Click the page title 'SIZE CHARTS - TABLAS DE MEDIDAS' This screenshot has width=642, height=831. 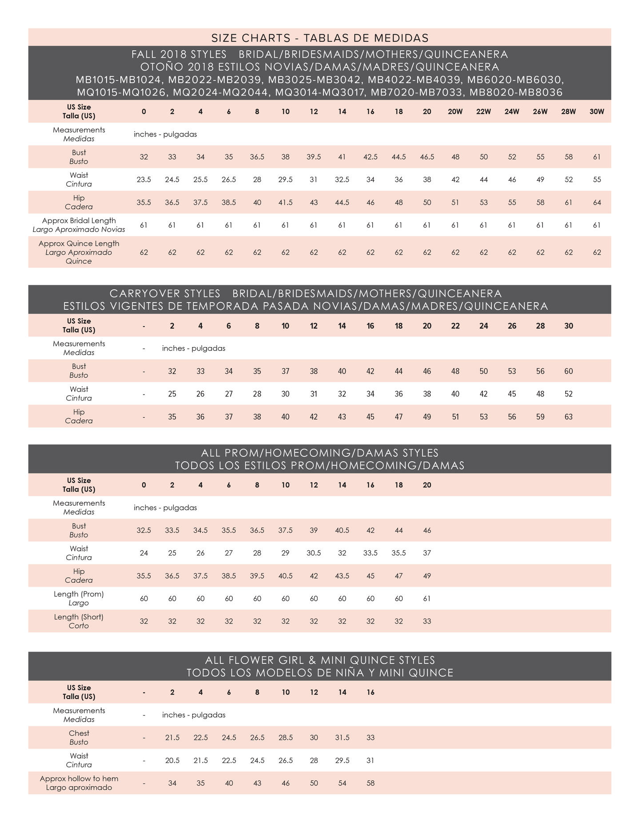pos(319,37)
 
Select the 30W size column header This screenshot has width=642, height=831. pos(597,112)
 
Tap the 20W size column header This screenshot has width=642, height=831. pos(455,112)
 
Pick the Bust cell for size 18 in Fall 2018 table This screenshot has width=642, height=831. pos(399,157)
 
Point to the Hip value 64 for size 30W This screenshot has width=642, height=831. pos(597,203)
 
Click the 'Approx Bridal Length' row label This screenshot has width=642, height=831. pos(79,221)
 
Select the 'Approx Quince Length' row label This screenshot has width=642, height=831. pos(79,244)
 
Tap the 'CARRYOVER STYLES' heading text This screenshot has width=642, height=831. pos(165,294)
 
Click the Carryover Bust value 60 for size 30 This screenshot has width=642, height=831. pos(568,371)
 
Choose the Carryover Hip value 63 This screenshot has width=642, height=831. pos(568,417)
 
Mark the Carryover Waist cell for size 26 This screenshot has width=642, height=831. pos(512,394)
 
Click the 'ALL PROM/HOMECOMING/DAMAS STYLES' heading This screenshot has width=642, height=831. pos(319,453)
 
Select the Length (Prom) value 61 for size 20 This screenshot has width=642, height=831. pos(427,599)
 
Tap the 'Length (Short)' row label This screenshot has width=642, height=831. pos(79,617)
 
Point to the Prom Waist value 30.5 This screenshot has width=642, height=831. pos(314,553)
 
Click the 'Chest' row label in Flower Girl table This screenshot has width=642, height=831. pos(79,733)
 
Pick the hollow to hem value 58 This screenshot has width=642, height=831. pos(371,783)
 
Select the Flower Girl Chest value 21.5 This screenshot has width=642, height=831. pos(172,738)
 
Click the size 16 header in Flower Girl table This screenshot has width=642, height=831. pos(371,692)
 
